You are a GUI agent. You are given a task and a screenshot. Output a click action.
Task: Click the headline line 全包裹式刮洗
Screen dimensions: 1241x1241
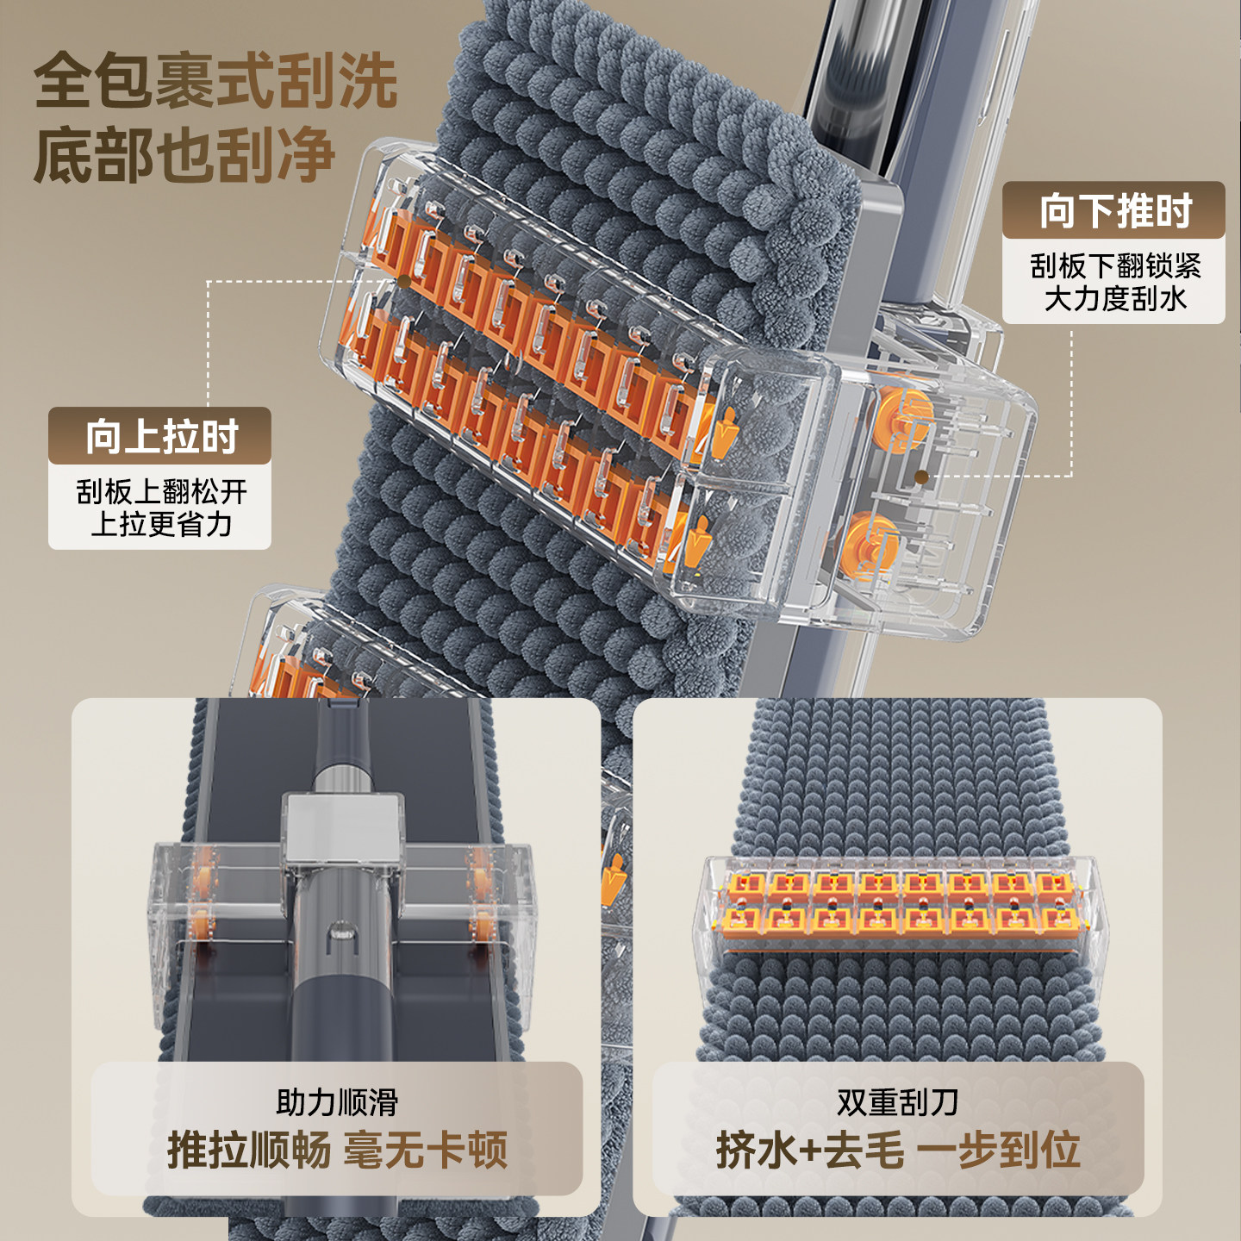click(x=215, y=81)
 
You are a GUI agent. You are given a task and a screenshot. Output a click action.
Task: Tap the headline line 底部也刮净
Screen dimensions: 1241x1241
click(x=184, y=155)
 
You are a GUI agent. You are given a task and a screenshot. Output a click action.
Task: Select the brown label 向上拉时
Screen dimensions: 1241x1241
click(x=160, y=437)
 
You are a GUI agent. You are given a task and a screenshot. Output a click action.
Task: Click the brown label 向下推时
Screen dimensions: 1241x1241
click(x=1113, y=211)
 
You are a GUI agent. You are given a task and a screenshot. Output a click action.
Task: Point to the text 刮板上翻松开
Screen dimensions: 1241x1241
click(x=161, y=492)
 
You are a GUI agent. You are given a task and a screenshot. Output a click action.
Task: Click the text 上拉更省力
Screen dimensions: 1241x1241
click(x=161, y=524)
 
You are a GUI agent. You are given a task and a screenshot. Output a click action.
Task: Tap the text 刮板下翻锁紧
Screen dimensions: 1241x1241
click(x=1114, y=266)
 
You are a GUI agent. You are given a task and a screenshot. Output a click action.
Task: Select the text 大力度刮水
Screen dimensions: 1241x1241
click(x=1114, y=299)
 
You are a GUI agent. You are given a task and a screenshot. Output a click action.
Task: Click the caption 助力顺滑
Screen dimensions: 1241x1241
click(x=336, y=1102)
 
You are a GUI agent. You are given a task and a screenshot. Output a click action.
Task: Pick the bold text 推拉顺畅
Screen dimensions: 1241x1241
click(x=248, y=1150)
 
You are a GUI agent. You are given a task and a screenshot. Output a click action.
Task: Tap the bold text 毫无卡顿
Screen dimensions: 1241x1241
click(x=426, y=1150)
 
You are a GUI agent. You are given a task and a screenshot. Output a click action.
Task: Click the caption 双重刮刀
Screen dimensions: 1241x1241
click(x=897, y=1102)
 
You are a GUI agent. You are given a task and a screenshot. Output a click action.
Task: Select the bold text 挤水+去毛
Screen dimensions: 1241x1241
click(x=810, y=1150)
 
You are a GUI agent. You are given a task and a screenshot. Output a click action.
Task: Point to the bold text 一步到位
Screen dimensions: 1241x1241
click(x=998, y=1150)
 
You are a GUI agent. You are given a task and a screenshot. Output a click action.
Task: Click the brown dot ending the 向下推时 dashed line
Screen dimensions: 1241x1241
click(x=921, y=477)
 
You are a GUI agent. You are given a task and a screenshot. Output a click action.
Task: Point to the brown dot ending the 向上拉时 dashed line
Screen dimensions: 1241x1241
click(x=402, y=281)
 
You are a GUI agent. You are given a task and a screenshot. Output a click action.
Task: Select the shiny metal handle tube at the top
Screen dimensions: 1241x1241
click(x=862, y=78)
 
